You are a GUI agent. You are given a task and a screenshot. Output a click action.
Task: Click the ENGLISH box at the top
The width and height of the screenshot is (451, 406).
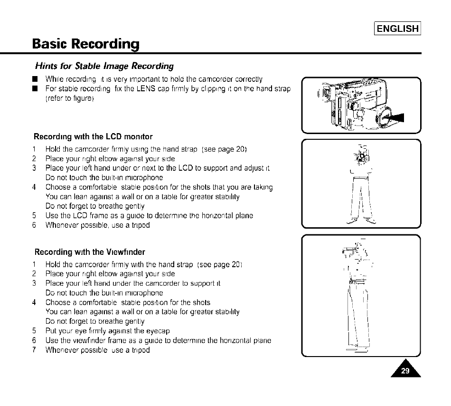pos(398,29)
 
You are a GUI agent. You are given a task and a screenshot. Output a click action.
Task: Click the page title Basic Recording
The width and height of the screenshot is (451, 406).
pos(86,44)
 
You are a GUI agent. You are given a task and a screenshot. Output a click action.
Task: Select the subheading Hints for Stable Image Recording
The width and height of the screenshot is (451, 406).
pos(104,66)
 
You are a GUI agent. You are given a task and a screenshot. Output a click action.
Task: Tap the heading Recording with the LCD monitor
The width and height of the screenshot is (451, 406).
pos(94,137)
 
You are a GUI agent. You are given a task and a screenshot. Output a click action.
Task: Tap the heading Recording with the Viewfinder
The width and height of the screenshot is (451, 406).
pos(90,252)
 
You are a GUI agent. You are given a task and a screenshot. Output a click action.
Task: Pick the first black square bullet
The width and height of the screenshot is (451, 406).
pos(35,79)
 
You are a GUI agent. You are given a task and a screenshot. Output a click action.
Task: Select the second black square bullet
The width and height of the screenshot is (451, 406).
pos(35,89)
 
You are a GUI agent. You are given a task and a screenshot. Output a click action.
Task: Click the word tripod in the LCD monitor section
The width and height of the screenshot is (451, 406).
pos(139,225)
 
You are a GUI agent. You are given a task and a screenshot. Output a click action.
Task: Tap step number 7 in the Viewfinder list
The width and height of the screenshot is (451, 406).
pos(34,350)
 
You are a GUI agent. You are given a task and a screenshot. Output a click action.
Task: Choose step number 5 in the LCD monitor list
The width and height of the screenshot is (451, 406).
pos(34,216)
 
